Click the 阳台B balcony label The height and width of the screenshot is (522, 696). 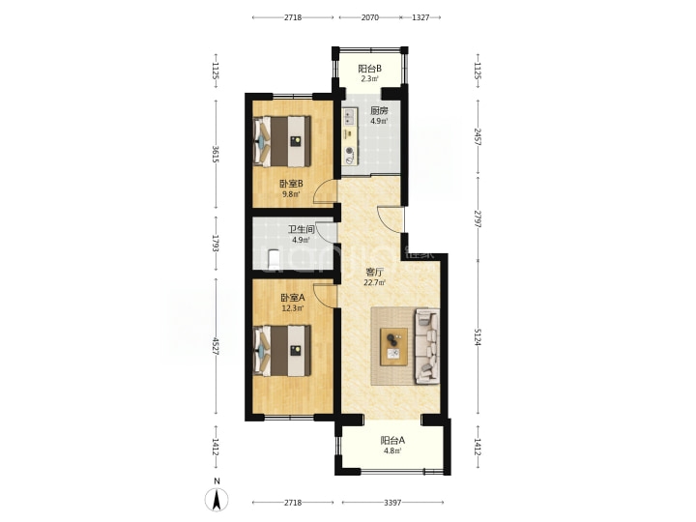pyautogui.click(x=369, y=69)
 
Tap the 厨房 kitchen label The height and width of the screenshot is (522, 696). pyautogui.click(x=379, y=111)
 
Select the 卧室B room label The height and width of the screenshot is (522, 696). pyautogui.click(x=291, y=184)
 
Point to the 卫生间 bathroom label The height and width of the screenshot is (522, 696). pyautogui.click(x=301, y=229)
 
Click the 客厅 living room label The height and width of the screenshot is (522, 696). pyautogui.click(x=374, y=272)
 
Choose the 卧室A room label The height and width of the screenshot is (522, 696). pyautogui.click(x=293, y=298)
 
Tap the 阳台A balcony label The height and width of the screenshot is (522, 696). pyautogui.click(x=392, y=441)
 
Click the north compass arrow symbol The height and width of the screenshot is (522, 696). pyautogui.click(x=217, y=500)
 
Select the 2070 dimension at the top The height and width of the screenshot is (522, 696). pyautogui.click(x=369, y=17)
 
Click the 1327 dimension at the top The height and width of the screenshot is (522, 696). pyautogui.click(x=420, y=17)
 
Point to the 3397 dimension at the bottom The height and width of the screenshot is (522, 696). pyautogui.click(x=392, y=503)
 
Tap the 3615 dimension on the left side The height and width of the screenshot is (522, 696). pyautogui.click(x=217, y=154)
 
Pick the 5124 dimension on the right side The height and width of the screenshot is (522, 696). pyautogui.click(x=478, y=337)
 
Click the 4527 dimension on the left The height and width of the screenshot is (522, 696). pyautogui.click(x=217, y=346)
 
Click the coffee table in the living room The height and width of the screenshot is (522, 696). pyautogui.click(x=394, y=347)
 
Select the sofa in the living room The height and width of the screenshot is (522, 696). pyautogui.click(x=427, y=346)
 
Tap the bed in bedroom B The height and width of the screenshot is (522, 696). pyautogui.click(x=281, y=141)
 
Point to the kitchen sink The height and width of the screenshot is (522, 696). pyautogui.click(x=350, y=116)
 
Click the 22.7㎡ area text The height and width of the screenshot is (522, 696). pyautogui.click(x=374, y=282)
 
